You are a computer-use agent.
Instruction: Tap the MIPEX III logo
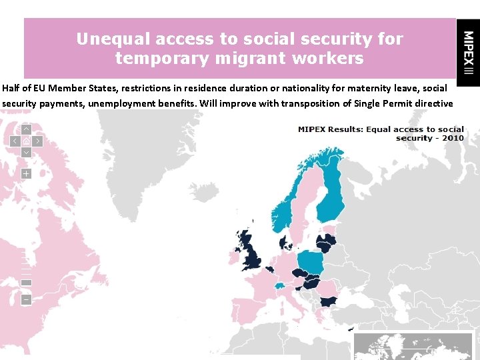pos(469,53)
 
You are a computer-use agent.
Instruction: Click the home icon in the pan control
pos(26,141)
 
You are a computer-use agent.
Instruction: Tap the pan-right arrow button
pos(37,141)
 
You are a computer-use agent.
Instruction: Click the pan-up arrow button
pos(26,129)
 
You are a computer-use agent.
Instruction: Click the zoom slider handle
pos(26,282)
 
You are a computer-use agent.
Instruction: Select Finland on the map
pos(331,190)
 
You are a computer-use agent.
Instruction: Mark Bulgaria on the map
pos(328,301)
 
